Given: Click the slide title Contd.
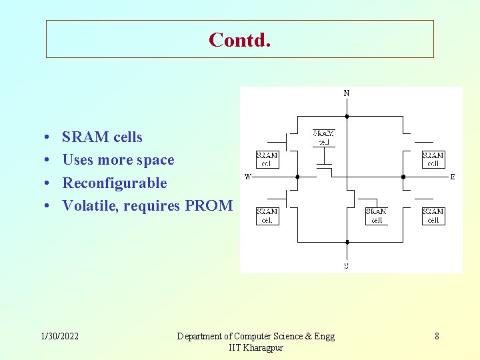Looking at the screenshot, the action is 239,39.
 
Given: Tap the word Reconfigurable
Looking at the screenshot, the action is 114,183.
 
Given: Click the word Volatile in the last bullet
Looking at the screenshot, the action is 87,206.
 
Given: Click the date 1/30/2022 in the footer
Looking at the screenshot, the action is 59,336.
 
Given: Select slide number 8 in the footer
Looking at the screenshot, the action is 437,336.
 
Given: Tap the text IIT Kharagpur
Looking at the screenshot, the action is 255,348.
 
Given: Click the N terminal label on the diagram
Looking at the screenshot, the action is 346,93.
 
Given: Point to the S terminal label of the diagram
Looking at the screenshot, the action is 346,265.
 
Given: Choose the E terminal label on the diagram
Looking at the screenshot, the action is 453,177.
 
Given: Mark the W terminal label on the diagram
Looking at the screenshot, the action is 247,177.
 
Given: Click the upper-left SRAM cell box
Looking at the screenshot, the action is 267,159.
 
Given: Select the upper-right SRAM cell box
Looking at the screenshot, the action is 433,159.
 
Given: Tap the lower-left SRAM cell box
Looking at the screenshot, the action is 267,216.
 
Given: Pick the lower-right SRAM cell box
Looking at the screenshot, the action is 433,216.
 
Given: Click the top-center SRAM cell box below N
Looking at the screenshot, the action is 324,137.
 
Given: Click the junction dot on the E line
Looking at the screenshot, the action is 403,177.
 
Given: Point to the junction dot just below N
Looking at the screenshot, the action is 347,116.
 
